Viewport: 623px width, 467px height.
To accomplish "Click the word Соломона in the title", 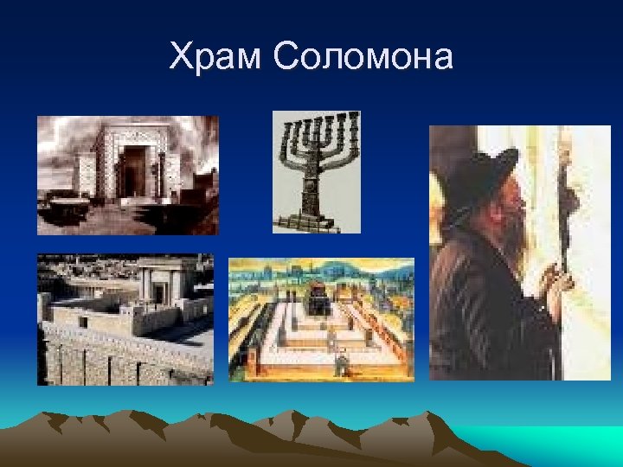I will tap(363, 58).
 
